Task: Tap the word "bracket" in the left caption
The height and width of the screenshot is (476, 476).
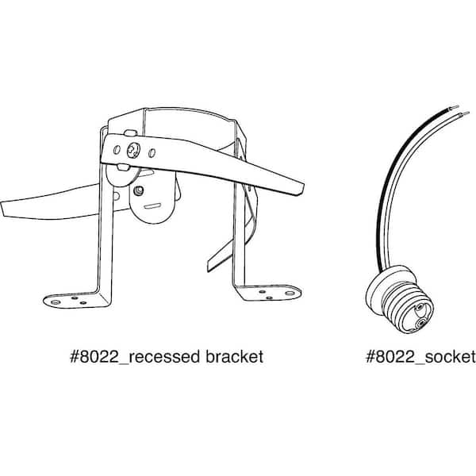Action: pyautogui.click(x=234, y=356)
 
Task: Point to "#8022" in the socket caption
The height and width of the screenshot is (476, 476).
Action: pyautogui.click(x=390, y=356)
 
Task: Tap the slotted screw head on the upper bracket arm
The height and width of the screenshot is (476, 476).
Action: pyautogui.click(x=133, y=151)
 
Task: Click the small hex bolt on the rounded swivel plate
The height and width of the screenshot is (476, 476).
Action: pyautogui.click(x=139, y=190)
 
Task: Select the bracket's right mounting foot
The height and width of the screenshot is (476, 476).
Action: pyautogui.click(x=268, y=293)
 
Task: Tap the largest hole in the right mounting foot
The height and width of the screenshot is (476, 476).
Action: pyautogui.click(x=290, y=294)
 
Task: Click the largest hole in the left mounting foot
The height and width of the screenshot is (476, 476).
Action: pyautogui.click(x=56, y=302)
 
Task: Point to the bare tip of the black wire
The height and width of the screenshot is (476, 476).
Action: pyautogui.click(x=455, y=107)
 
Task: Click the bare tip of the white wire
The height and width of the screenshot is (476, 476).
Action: pyautogui.click(x=465, y=113)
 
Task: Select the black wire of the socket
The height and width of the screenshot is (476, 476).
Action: pyautogui.click(x=404, y=182)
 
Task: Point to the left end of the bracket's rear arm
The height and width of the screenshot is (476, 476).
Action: pyautogui.click(x=2, y=209)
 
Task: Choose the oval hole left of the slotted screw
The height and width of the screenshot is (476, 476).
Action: pyautogui.click(x=117, y=150)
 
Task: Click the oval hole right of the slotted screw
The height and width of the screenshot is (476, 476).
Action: pyautogui.click(x=152, y=152)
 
